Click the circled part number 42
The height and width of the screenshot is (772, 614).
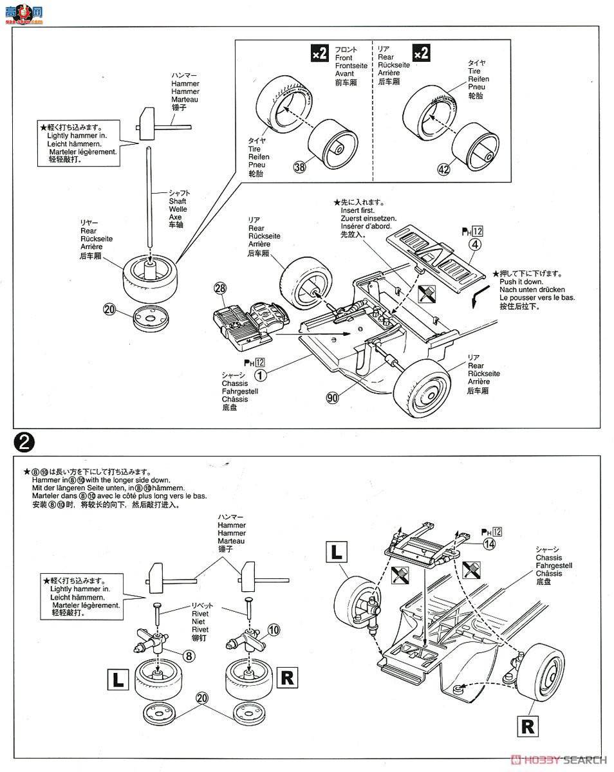(443, 170)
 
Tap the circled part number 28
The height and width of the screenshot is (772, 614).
(220, 290)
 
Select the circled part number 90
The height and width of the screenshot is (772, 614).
(332, 398)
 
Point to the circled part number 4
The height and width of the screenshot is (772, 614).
(474, 244)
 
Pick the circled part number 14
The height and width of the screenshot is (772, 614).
(490, 544)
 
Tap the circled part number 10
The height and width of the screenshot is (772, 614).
(274, 629)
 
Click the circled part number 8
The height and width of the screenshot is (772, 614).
(189, 656)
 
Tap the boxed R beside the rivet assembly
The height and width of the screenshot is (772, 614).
(287, 677)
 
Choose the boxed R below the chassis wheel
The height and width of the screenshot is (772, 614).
(528, 726)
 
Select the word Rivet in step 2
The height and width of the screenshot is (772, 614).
(200, 614)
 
